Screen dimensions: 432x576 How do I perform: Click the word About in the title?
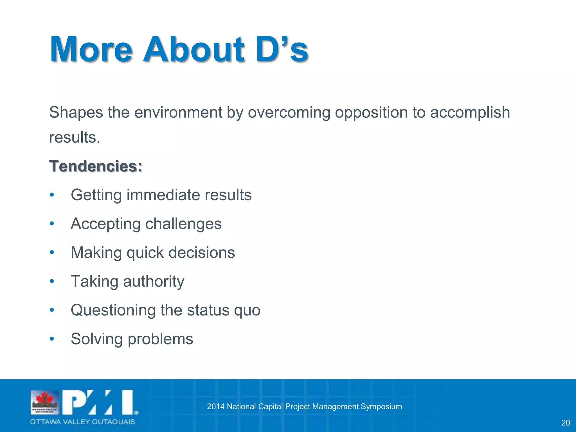(193, 50)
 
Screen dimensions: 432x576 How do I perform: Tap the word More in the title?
(91, 50)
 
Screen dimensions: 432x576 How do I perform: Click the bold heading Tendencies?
(96, 166)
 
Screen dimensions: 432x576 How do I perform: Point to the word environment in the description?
(178, 112)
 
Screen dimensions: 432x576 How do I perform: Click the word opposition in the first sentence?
(371, 112)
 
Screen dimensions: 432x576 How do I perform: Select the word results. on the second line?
(75, 138)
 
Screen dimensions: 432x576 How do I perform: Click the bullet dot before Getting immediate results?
(52, 195)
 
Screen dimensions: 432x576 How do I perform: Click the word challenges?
(183, 224)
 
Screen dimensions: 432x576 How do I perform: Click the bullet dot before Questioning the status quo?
(52, 310)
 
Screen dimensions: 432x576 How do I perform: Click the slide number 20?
(565, 423)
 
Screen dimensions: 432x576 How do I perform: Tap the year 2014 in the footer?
(215, 406)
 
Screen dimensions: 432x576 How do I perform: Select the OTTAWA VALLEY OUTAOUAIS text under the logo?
(82, 422)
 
